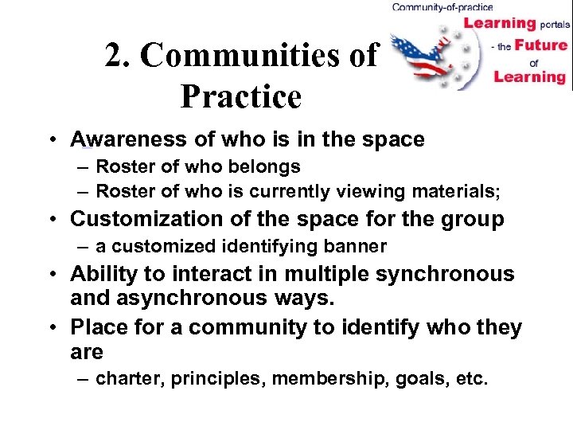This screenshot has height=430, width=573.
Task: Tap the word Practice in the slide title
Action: (241, 96)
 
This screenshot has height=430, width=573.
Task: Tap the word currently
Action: (286, 191)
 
